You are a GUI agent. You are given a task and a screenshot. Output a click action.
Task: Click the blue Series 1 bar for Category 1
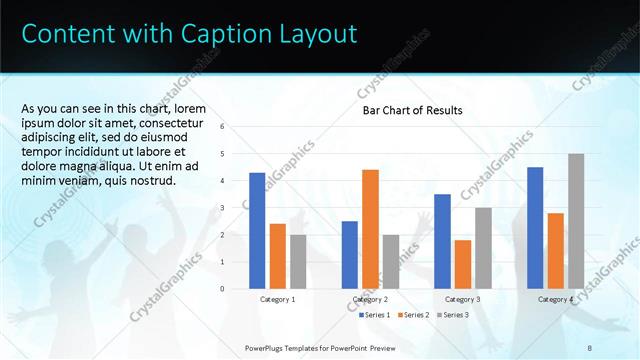point(257,231)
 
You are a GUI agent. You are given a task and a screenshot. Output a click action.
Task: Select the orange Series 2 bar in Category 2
point(370,229)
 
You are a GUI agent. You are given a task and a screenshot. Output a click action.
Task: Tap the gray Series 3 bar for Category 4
point(576,221)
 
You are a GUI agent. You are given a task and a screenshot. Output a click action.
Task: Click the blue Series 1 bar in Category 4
point(535,228)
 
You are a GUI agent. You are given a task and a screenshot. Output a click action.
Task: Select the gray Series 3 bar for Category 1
point(298,262)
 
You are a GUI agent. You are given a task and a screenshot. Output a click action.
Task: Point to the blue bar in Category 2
point(349,255)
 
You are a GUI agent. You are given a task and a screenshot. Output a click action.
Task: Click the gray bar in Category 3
point(483,248)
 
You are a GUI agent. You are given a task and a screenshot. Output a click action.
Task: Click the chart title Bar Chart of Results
point(412,110)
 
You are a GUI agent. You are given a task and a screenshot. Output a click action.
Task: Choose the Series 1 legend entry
point(377,315)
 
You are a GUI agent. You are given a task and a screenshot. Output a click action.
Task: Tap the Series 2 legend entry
point(415,315)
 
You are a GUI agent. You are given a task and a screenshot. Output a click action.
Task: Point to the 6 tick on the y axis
point(236,127)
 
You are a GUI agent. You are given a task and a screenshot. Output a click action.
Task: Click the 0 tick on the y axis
point(236,289)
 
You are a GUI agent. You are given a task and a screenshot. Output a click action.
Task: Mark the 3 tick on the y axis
point(236,208)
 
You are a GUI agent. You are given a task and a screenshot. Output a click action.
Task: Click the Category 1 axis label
point(278,299)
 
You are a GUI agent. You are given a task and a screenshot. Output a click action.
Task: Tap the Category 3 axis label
point(462,299)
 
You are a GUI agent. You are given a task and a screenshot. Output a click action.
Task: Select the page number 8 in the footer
point(590,347)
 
